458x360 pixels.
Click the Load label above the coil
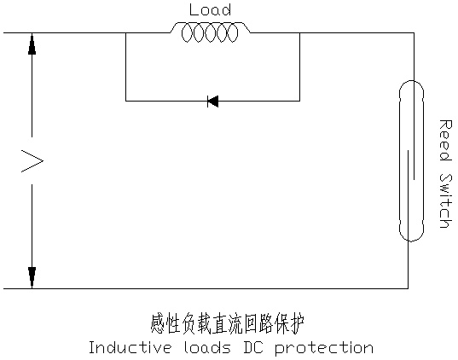[x=210, y=9]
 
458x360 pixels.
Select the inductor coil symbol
[x=210, y=32]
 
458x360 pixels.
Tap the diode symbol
[x=212, y=102]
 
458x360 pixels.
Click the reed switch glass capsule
[x=411, y=161]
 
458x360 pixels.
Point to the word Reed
[x=445, y=140]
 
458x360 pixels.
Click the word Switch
[x=446, y=200]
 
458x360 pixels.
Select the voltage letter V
[x=32, y=160]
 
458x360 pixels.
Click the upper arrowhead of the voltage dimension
[x=32, y=44]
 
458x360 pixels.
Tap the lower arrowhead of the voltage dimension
[x=32, y=277]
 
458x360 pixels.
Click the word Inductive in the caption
[x=130, y=347]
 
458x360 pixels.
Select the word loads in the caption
[x=207, y=347]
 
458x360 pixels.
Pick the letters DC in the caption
[x=253, y=347]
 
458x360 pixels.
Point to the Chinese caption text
[x=228, y=324]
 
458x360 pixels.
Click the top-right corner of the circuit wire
[x=414, y=32]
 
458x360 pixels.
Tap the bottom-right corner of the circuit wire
[x=408, y=288]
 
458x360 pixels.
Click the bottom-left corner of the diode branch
[x=125, y=102]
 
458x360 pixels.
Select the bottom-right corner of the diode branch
[x=299, y=102]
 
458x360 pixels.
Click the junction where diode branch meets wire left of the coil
[x=125, y=32]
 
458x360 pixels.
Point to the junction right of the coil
[x=299, y=32]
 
